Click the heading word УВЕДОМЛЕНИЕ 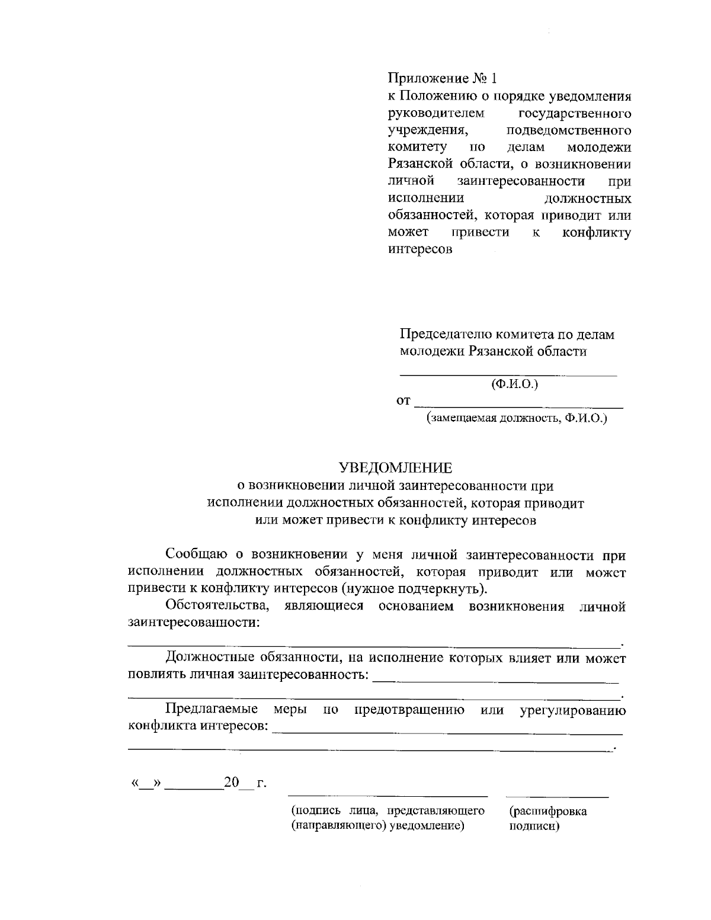tap(395, 468)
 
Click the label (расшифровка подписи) tap(547, 818)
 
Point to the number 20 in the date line tap(230, 783)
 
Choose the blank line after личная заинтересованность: tap(495, 681)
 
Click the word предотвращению tap(409, 709)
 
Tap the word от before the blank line tap(403, 402)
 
